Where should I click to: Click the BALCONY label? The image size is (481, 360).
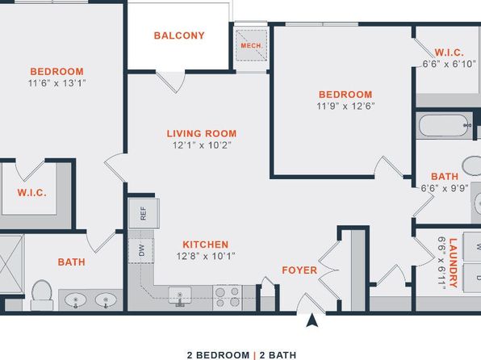coord(179,36)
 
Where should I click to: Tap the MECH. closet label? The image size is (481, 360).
coord(252,46)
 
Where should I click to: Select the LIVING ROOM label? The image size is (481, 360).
coord(202,133)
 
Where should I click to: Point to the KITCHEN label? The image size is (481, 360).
coord(206,245)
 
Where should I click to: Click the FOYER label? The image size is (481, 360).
coord(299,270)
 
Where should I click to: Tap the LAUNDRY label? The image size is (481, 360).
coord(453,262)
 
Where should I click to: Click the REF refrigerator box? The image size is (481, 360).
coord(144,213)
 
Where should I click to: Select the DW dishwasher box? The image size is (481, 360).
coord(141,250)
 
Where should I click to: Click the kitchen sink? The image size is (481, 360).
coord(180,296)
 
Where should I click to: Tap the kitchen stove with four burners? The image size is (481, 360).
coord(228,297)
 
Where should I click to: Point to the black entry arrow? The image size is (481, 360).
coord(312,320)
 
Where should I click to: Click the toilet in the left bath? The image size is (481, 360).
coord(42,295)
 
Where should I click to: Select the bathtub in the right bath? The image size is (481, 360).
coord(445,125)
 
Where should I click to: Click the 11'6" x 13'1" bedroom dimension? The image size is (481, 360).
coord(56,83)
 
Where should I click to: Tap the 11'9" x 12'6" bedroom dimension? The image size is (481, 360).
coord(345,107)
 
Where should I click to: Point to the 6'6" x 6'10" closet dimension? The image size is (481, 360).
coord(449,64)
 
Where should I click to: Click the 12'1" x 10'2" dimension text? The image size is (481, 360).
coord(202,145)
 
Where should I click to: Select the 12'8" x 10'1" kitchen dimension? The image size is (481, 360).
coord(206,256)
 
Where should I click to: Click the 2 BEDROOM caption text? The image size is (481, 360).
coord(218,355)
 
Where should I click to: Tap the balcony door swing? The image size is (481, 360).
coord(171,82)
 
